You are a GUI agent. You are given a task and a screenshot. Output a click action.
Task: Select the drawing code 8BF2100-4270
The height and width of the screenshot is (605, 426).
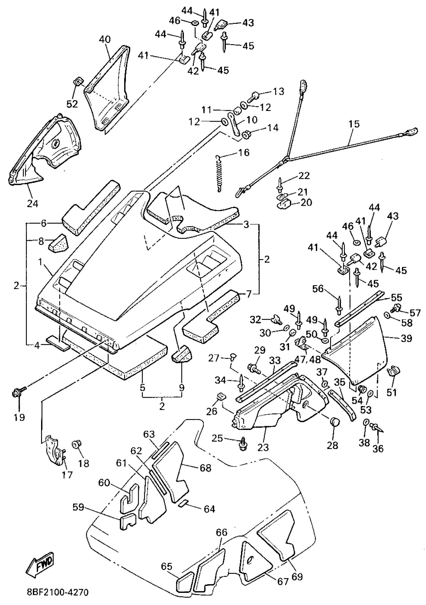pos(58,598)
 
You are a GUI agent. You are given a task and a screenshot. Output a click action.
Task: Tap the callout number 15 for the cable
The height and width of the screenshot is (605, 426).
pos(354,124)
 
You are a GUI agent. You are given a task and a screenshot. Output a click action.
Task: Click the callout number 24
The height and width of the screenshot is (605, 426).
pos(33,204)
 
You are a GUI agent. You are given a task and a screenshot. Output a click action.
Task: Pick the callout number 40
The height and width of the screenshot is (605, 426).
pos(105,40)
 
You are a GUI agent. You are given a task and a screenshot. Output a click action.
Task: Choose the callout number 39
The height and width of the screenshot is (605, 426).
pos(406,338)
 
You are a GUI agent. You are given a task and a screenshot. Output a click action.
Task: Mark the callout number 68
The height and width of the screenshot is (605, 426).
pos(205,468)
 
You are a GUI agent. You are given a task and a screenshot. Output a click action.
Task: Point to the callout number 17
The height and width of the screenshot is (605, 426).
pos(67,475)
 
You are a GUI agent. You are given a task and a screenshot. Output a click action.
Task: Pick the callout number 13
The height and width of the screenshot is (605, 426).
pos(279,91)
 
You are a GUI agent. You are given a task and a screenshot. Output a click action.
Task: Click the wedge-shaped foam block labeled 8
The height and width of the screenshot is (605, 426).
pos(58,243)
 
